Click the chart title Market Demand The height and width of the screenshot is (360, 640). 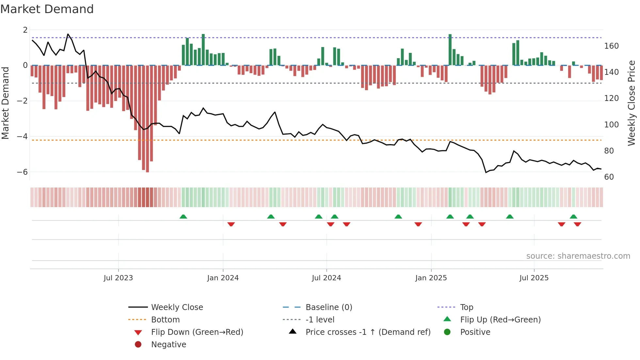[x=47, y=9]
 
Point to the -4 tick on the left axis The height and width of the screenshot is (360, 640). [x=22, y=136]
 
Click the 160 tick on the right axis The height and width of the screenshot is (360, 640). [x=611, y=46]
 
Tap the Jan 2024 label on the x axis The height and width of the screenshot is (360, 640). [x=223, y=278]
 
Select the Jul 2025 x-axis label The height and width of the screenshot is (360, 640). [x=534, y=278]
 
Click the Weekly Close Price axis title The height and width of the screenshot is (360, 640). [x=632, y=103]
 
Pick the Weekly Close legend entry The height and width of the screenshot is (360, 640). [x=177, y=307]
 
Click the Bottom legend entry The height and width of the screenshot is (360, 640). [x=165, y=320]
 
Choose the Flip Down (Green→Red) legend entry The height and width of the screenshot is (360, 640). [x=197, y=332]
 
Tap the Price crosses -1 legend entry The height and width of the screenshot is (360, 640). [x=368, y=332]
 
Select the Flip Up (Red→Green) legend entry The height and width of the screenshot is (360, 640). [x=500, y=320]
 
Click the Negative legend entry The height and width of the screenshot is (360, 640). [x=168, y=345]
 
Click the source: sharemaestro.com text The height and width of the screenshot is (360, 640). [x=578, y=256]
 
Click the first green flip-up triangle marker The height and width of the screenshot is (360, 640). [x=183, y=217]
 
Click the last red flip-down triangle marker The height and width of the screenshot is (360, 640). [x=577, y=224]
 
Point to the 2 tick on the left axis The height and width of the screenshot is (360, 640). [x=25, y=30]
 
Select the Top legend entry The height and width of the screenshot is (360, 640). [x=467, y=307]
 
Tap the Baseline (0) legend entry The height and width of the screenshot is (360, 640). [x=328, y=307]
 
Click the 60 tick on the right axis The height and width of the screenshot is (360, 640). [x=609, y=177]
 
